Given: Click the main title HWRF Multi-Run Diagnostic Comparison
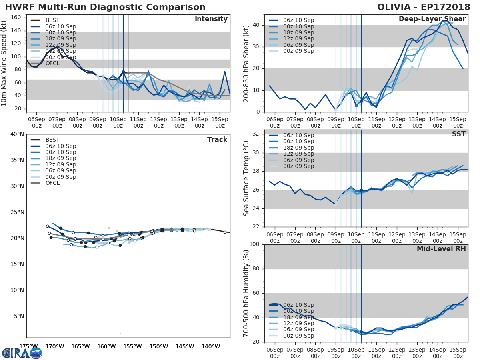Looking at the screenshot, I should click(x=105, y=7).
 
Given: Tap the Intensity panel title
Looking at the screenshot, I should click(x=211, y=19).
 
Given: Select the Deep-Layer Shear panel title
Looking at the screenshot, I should click(x=432, y=19).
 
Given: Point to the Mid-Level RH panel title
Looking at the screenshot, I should click(x=441, y=249).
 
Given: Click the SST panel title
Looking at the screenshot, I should click(x=458, y=134).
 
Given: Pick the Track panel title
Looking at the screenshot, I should click(x=217, y=140).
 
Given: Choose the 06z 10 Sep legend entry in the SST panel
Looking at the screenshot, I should click(x=298, y=135).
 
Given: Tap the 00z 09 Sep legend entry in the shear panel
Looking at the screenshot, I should click(x=298, y=51).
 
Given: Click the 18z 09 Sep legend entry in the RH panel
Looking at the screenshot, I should click(x=298, y=317).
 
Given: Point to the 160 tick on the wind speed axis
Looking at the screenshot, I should click(x=16, y=18).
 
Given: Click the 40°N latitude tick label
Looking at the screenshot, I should click(x=17, y=134).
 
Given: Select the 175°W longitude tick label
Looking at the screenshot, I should click(x=28, y=347).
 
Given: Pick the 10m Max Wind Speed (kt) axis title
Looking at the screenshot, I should click(x=4, y=63).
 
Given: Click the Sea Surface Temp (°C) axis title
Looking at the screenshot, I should click(x=247, y=178).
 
